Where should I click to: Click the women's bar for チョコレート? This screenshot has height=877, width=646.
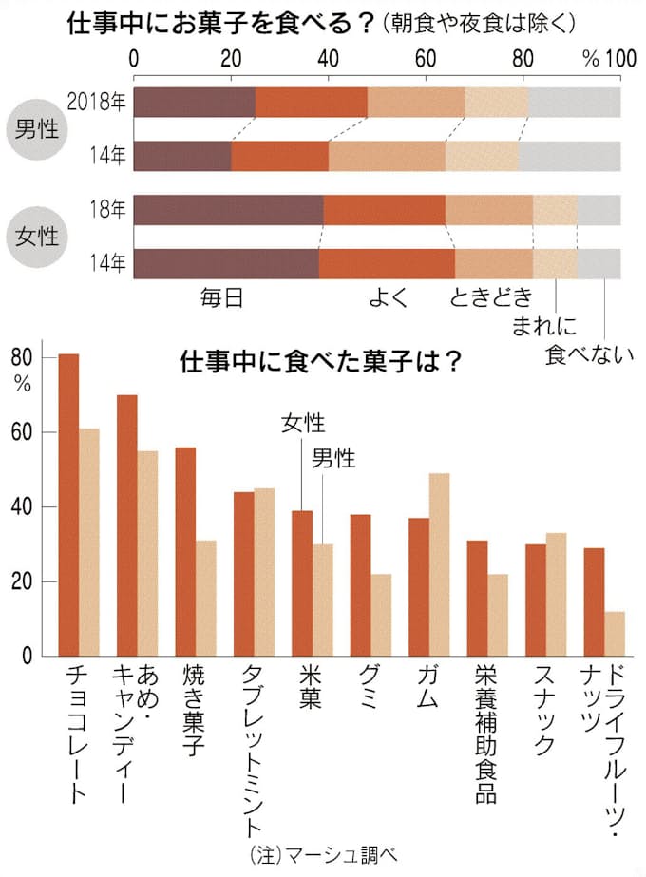[x=68, y=505]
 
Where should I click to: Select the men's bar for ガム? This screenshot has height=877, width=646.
[x=439, y=564]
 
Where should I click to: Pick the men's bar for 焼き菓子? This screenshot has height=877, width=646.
[x=205, y=598]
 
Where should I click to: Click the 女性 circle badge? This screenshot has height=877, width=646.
[x=32, y=237]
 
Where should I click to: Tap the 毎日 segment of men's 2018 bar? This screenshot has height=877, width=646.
[x=195, y=102]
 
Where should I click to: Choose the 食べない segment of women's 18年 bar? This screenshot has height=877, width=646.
[x=598, y=210]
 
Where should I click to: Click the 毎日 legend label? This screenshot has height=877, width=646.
[x=221, y=297]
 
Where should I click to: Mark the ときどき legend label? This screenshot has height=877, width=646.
[x=491, y=297]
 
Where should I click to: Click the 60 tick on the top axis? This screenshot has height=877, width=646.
[x=426, y=57]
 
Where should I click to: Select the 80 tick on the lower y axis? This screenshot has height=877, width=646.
[x=21, y=357]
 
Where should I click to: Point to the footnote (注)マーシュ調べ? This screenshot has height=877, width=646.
[x=322, y=854]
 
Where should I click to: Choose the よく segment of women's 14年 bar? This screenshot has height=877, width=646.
[x=387, y=264]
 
